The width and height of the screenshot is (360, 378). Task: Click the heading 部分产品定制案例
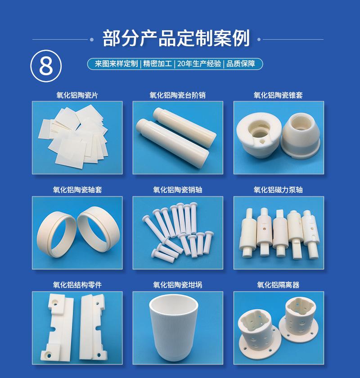176,39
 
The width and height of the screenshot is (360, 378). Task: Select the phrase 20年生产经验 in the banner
199,64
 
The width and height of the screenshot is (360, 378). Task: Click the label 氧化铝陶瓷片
77,95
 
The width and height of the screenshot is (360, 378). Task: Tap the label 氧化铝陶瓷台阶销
177,95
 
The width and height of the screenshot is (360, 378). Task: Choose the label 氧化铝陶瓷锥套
278,95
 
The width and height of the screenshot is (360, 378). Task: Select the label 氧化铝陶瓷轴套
77,190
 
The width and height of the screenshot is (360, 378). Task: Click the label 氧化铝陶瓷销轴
177,190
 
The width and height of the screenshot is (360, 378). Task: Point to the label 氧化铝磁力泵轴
278,190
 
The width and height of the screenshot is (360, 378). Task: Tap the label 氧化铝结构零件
77,285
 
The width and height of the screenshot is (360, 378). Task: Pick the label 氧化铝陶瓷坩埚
177,285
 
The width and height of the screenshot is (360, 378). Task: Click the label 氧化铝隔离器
278,285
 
